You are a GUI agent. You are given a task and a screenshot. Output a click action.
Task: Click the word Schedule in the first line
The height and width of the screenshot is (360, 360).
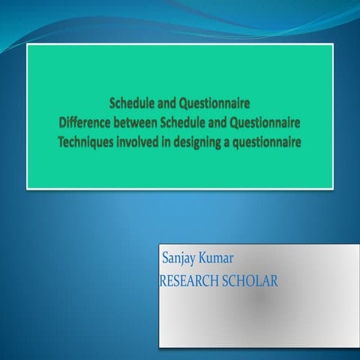131,103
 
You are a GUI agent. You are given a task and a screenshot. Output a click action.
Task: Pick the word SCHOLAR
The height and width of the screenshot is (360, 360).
252,281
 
